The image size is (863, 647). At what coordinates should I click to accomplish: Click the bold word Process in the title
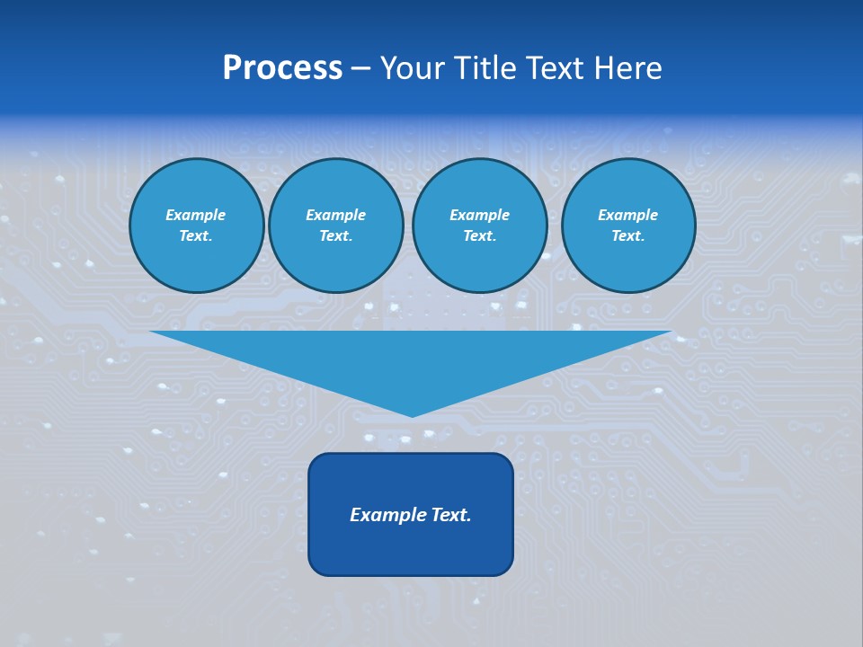point(282,68)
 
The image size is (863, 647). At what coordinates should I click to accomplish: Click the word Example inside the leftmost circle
point(196,215)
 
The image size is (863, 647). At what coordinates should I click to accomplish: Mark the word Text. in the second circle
point(336,236)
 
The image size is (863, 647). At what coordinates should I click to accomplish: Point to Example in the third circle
point(479,215)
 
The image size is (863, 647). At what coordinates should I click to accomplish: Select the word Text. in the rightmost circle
point(628,236)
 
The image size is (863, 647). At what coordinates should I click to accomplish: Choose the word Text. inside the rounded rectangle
point(451,515)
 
